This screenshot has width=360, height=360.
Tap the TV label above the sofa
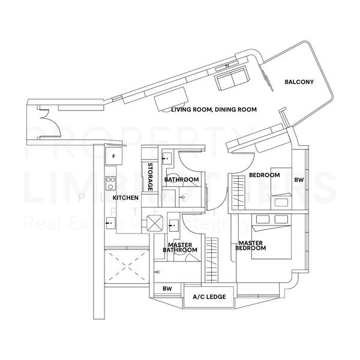click(x=227, y=65)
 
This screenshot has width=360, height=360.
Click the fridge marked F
click(x=113, y=156)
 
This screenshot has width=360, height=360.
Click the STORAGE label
click(x=151, y=177)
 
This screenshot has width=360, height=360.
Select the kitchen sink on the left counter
click(x=109, y=223)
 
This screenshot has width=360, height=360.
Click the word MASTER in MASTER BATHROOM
click(x=179, y=245)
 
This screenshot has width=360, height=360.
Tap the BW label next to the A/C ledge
click(x=167, y=289)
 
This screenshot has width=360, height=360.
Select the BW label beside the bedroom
click(x=298, y=180)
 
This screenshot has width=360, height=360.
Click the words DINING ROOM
click(x=236, y=110)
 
